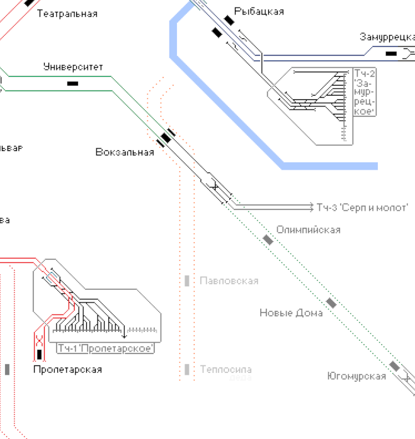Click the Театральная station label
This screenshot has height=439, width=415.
tap(67, 13)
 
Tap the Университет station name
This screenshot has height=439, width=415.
tap(73, 67)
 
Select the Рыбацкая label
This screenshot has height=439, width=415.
tap(259, 11)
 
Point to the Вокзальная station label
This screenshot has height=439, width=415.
tap(125, 152)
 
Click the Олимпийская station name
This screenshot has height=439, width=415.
tap(309, 230)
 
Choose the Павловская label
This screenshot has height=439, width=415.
tap(229, 281)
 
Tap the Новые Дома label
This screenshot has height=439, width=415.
tap(291, 313)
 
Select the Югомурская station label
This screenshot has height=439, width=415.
tap(356, 376)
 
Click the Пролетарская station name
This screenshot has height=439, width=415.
tap(67, 369)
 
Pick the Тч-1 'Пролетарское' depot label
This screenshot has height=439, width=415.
tap(106, 348)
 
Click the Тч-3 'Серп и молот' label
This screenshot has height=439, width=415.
tap(362, 207)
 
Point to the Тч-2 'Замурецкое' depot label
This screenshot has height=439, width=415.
tap(365, 92)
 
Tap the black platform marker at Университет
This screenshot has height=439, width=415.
tap(73, 83)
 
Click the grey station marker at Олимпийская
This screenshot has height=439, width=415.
tap(269, 240)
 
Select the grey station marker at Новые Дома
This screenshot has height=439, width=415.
tap(331, 303)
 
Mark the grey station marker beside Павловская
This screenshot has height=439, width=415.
tap(187, 281)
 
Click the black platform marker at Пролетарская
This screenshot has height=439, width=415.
tap(39, 354)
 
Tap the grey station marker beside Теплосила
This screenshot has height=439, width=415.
tap(187, 369)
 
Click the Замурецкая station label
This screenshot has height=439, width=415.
tap(387, 37)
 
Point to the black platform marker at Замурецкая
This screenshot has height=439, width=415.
tap(392, 53)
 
